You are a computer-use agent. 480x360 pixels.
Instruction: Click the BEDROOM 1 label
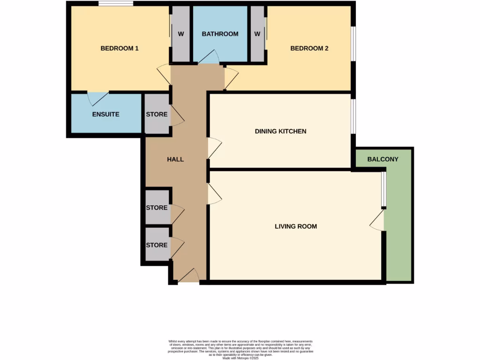point(120,48)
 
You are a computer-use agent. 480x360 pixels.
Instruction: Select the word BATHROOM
point(220,34)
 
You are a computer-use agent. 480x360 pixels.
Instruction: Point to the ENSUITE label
point(105,114)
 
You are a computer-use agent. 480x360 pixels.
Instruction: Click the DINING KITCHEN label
point(280,131)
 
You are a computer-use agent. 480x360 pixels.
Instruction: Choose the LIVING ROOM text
point(295,226)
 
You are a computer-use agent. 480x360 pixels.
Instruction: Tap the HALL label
point(175,159)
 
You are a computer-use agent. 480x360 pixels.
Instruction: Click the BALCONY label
point(382,159)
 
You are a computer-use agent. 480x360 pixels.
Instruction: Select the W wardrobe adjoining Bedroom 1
point(180,34)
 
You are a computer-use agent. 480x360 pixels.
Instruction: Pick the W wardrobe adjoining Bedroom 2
point(257,34)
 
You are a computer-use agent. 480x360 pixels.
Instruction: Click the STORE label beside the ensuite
point(157,114)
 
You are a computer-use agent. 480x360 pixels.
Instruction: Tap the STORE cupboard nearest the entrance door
point(157,245)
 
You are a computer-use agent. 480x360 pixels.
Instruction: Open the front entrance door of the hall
point(188,277)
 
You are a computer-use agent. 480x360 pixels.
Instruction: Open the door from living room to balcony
point(378,220)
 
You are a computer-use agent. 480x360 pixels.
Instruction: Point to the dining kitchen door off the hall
point(214,148)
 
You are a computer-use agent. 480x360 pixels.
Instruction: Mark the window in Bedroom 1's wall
point(115,4)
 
